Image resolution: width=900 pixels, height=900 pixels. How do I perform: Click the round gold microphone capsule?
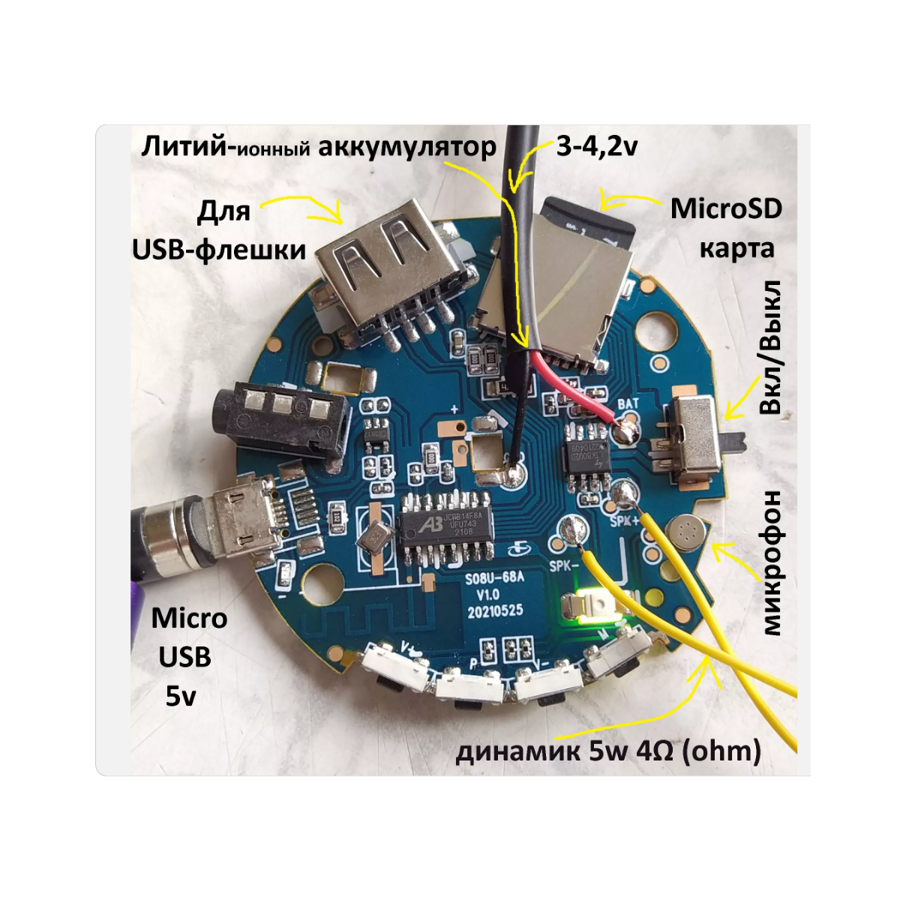click(685, 532)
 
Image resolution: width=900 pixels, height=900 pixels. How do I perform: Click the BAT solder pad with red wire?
click(625, 431)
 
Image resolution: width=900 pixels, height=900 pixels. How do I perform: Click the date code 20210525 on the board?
click(495, 611)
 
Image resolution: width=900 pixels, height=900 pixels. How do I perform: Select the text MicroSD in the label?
click(726, 208)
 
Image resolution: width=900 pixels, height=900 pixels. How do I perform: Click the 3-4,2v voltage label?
click(597, 145)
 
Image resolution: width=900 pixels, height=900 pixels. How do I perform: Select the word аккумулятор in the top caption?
click(406, 147)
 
